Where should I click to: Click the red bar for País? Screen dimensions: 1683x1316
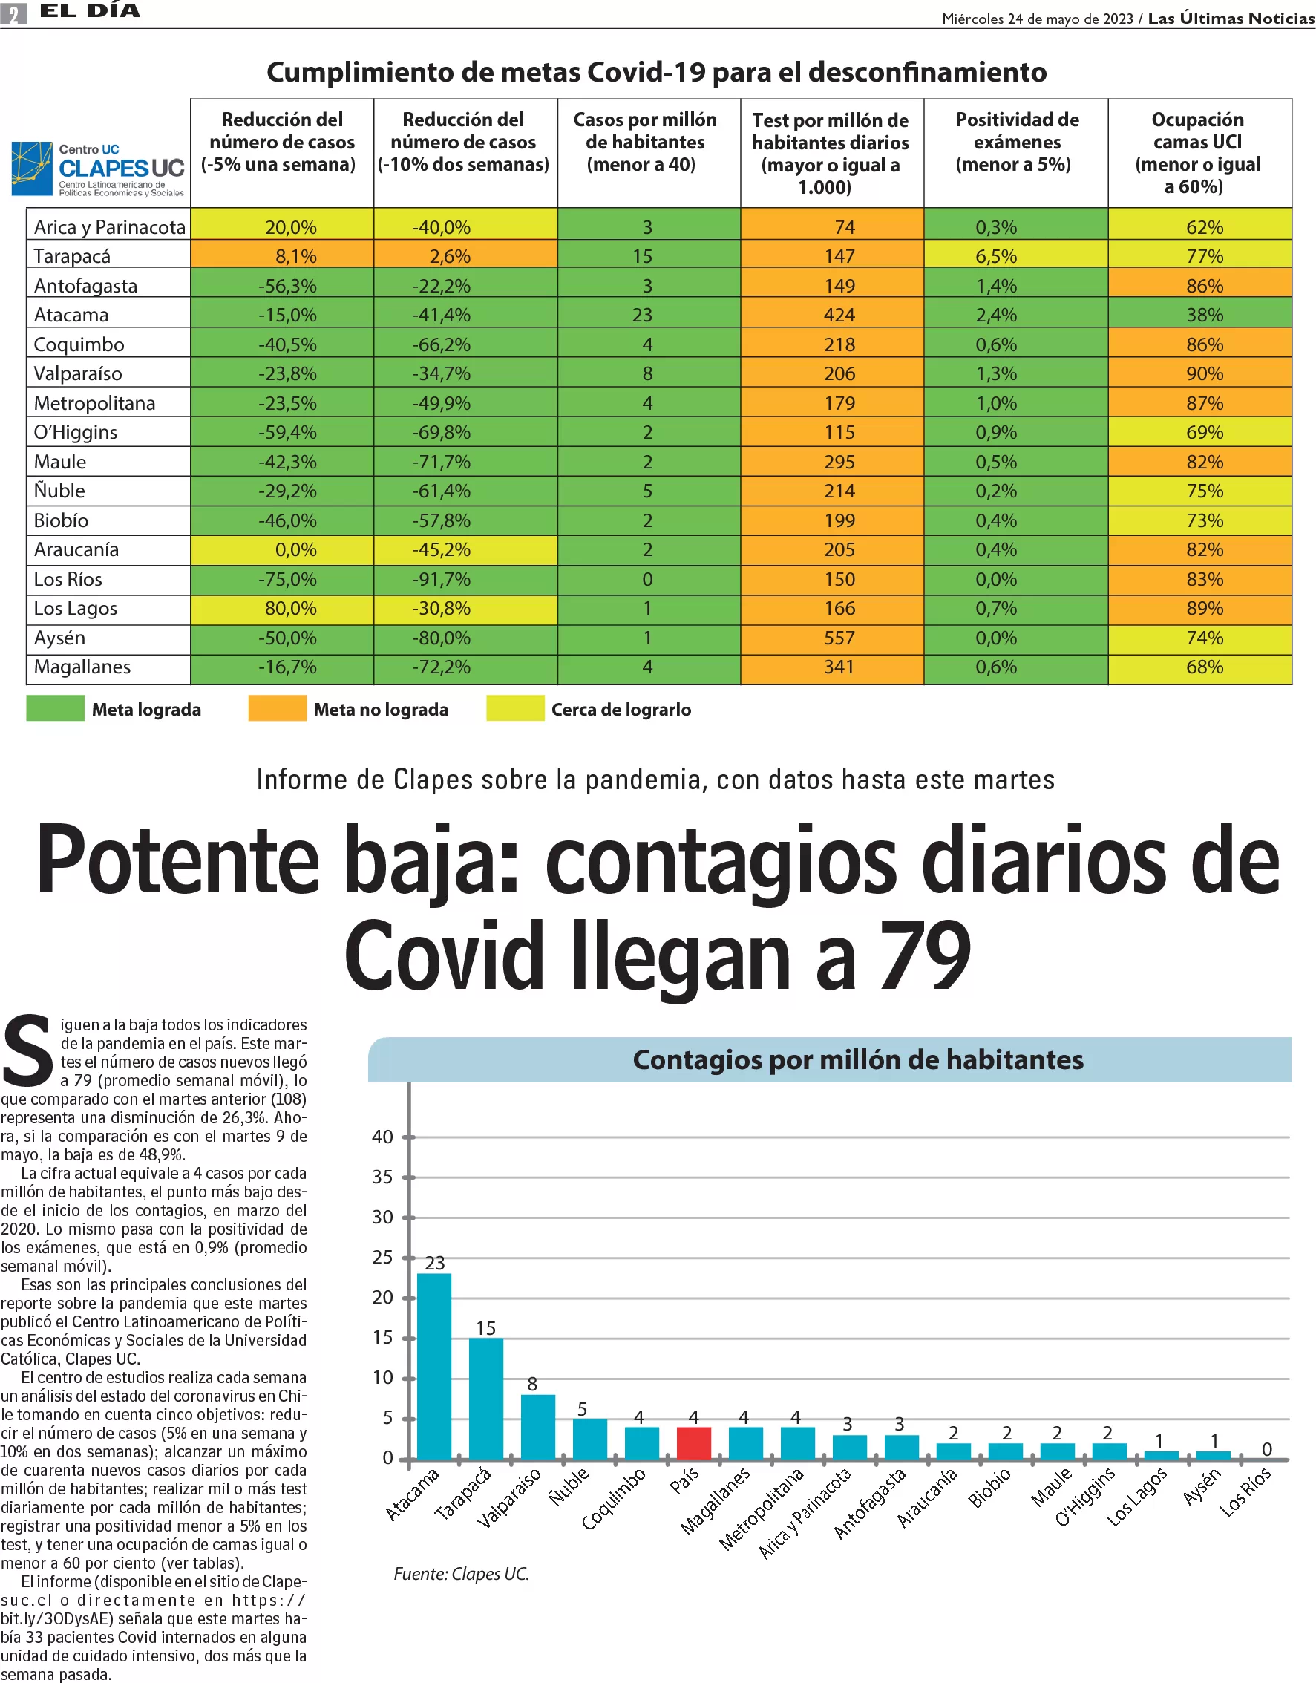click(x=693, y=1442)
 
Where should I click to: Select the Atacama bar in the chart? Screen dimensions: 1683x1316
click(x=433, y=1365)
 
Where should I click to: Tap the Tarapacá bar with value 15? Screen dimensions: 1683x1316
click(x=485, y=1398)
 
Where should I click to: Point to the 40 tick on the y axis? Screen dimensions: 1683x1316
click(x=383, y=1137)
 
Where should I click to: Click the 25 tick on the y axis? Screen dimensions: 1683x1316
click(x=383, y=1257)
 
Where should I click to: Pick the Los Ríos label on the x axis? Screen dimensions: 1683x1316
click(x=1245, y=1491)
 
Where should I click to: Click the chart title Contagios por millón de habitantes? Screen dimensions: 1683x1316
click(x=857, y=1059)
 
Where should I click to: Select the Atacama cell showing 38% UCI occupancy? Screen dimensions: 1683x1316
click(x=1199, y=315)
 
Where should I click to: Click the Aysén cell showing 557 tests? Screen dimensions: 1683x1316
click(x=832, y=638)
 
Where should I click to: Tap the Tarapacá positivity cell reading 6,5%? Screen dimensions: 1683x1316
click(x=1015, y=256)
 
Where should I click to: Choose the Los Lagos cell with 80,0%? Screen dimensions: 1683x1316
click(x=282, y=608)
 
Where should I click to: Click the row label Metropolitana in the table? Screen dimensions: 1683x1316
click(x=95, y=403)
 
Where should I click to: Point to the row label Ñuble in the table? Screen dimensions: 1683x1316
click(x=59, y=491)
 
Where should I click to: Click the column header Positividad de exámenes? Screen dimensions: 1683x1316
click(x=1015, y=143)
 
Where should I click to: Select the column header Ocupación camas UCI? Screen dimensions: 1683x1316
click(x=1199, y=153)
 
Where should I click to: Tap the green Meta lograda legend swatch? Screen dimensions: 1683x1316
click(x=56, y=708)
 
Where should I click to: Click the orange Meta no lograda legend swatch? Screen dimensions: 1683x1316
click(x=277, y=708)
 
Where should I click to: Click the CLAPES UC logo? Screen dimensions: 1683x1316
click(x=99, y=169)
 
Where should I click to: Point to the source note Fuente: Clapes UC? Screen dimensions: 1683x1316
click(x=462, y=1573)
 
